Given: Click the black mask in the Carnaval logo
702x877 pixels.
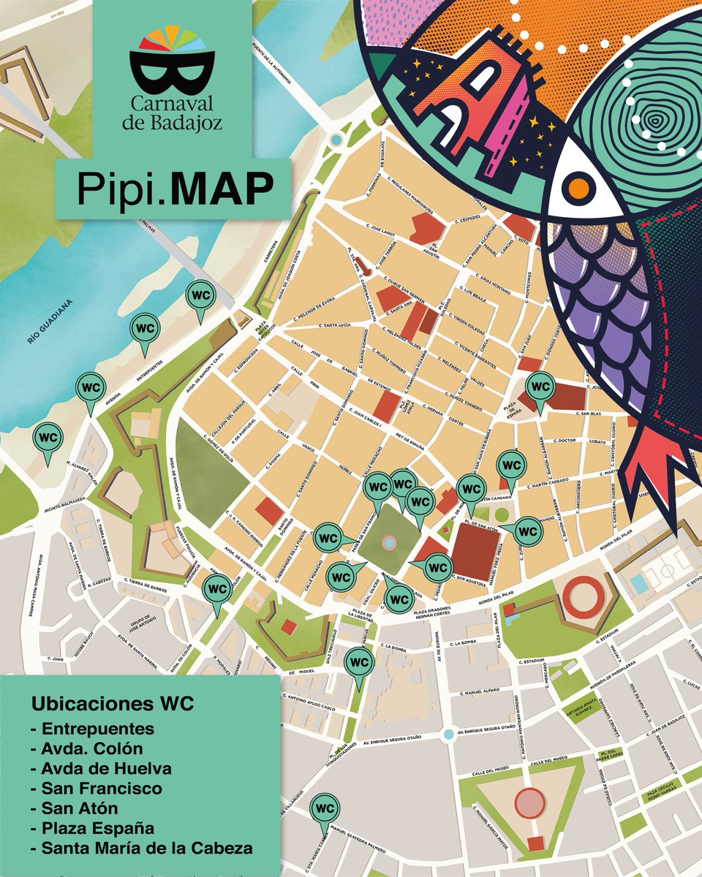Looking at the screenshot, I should pyautogui.click(x=172, y=72).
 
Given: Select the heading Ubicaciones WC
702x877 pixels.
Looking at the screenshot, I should pyautogui.click(x=112, y=705).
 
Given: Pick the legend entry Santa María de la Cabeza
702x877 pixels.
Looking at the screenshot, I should pyautogui.click(x=146, y=848).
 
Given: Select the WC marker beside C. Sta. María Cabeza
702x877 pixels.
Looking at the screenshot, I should pyautogui.click(x=324, y=810).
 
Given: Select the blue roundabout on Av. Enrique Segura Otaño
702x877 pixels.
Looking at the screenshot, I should pyautogui.click(x=448, y=734).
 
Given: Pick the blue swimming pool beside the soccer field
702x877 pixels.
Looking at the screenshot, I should pyautogui.click(x=638, y=583).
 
